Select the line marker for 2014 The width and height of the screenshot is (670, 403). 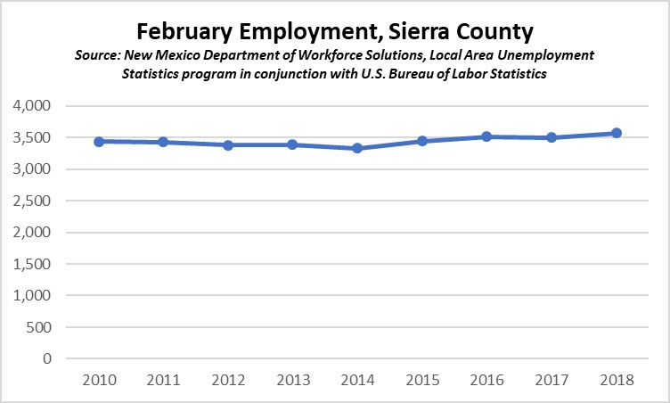tap(357, 148)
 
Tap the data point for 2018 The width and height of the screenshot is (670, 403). tap(616, 133)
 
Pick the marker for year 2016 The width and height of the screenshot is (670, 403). tap(486, 136)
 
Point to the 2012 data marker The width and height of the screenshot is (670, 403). tap(229, 145)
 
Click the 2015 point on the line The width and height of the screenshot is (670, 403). tap(422, 141)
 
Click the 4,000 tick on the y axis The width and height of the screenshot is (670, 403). tap(33, 106)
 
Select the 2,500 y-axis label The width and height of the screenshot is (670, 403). tap(33, 201)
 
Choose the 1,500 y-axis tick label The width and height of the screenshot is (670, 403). tap(33, 264)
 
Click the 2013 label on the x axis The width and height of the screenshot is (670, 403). tap(293, 379)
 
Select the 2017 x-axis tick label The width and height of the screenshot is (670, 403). tap(551, 379)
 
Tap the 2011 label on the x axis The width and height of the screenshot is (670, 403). tap(164, 379)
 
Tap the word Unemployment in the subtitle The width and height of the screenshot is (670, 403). tap(545, 56)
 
